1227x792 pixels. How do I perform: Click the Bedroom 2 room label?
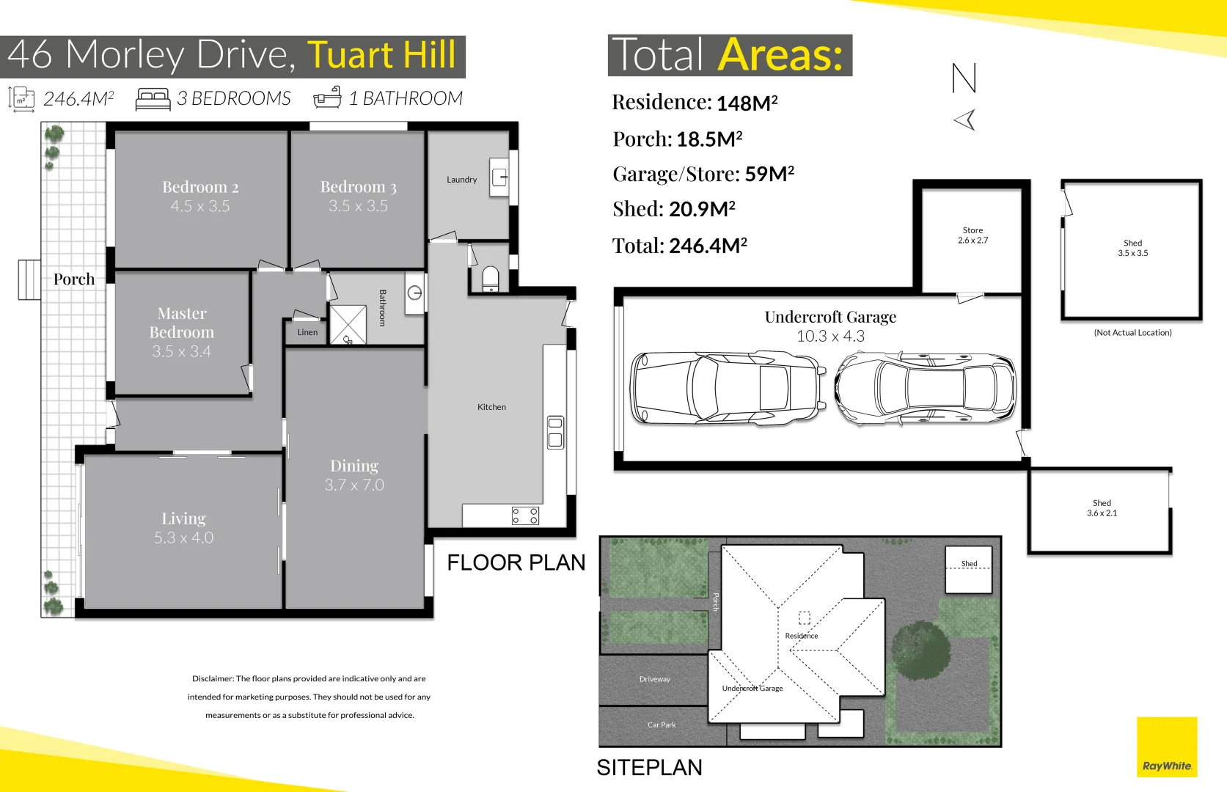click(x=200, y=187)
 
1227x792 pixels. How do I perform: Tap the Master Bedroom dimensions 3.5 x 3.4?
click(x=181, y=351)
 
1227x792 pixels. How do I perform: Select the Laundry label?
click(x=461, y=180)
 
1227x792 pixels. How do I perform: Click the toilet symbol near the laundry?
click(x=490, y=279)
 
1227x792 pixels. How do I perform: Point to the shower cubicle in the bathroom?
click(x=347, y=324)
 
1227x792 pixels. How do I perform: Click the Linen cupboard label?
click(x=307, y=332)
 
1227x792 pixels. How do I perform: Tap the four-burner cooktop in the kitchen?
click(x=525, y=516)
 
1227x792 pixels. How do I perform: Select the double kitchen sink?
click(x=555, y=432)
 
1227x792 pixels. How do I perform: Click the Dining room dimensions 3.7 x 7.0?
click(x=354, y=485)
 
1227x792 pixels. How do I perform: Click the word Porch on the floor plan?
click(x=73, y=279)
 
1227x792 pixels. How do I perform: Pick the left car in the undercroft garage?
click(x=727, y=387)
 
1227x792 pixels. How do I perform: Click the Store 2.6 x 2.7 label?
click(x=973, y=235)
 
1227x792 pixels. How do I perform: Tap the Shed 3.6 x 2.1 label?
click(x=1102, y=508)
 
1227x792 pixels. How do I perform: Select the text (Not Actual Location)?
click(x=1132, y=333)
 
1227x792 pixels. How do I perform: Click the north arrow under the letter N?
click(x=965, y=120)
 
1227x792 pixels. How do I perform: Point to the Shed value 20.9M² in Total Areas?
click(x=701, y=210)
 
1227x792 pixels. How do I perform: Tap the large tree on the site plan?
click(x=920, y=650)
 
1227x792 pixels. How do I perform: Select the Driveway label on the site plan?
click(x=654, y=679)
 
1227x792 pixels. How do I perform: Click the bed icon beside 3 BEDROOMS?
click(x=153, y=99)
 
